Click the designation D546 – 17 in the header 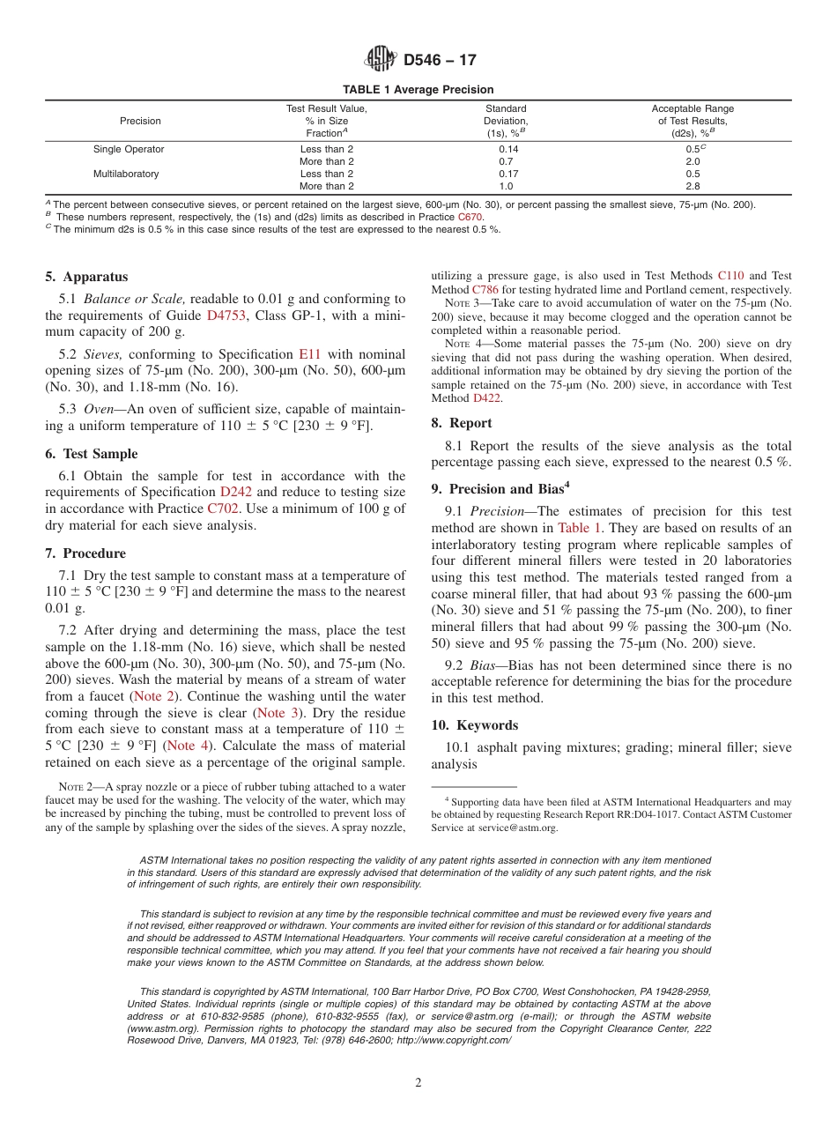click(x=440, y=61)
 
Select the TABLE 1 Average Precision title click(x=418, y=90)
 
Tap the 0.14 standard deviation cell click(x=506, y=150)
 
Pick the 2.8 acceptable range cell click(x=693, y=186)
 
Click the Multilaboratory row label click(x=126, y=174)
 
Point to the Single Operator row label click(x=129, y=150)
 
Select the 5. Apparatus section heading click(x=86, y=276)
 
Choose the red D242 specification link click(x=236, y=491)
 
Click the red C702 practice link click(x=223, y=508)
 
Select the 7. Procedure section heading click(x=85, y=553)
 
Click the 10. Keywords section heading click(x=475, y=725)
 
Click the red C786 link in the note click(x=485, y=290)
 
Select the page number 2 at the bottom click(x=418, y=1083)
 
